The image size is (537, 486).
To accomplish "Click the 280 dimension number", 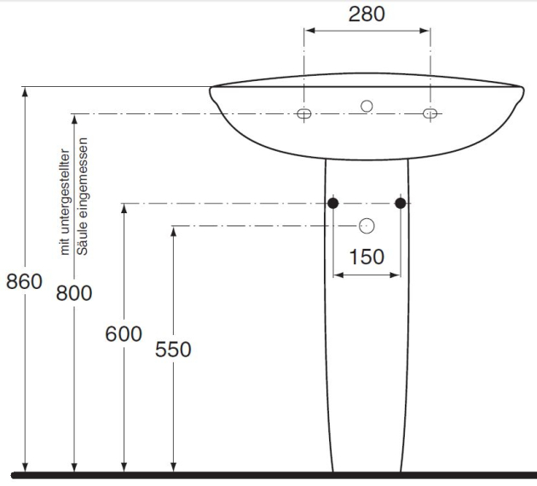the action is point(367,14).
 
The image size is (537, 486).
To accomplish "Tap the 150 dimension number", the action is point(367,257).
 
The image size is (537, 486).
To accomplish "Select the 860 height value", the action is point(25,281).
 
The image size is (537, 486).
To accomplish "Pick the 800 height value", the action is point(74,293).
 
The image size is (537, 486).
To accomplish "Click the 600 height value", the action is point(124,334).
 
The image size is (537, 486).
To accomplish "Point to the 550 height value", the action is point(173,350).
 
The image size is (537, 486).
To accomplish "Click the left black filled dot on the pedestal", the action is point(333,203).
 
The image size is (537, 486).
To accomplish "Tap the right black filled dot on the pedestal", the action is point(401,203).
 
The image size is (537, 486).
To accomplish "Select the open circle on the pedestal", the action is point(367,226).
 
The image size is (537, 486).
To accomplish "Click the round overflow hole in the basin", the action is point(367,107).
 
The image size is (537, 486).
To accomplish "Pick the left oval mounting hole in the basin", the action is point(303,113).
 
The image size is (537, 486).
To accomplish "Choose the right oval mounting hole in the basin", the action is point(430,113).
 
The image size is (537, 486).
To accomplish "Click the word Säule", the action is point(82,235).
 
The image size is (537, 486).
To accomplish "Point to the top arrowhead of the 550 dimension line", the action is point(173,232).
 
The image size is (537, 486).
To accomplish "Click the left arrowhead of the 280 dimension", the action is point(309,31).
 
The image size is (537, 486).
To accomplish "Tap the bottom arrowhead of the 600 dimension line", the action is point(124,467).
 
